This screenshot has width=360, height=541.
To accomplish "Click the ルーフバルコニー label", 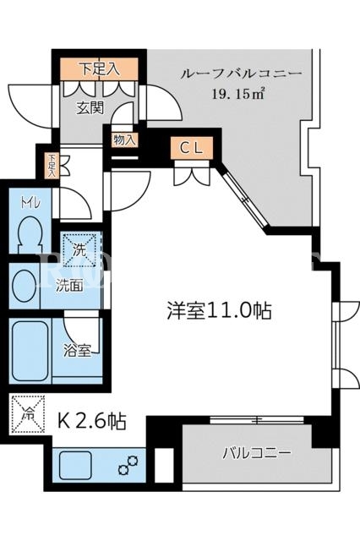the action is pos(242,74).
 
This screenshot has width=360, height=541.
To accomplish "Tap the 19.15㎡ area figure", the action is pos(238,94).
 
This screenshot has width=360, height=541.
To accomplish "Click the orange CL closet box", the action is pos(192,149).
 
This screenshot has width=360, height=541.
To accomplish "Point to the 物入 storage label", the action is pos(124,140).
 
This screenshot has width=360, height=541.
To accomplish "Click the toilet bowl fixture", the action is pos(30,235).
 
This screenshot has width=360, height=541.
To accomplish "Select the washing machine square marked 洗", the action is pos(79,250).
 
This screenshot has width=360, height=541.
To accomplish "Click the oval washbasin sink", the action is pos(25,286).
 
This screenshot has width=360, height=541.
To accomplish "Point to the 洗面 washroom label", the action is pos(69,286).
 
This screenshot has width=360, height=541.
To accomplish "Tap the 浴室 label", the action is pos(77,351).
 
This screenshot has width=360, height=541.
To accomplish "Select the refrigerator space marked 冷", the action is pos(28,414).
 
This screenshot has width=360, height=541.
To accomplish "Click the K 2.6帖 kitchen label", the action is pos(92,421).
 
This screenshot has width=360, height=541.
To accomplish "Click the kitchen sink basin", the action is pos(75,466).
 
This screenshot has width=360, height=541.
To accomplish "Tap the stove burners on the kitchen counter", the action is pos(128,464).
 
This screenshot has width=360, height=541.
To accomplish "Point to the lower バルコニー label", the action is pos(257,453).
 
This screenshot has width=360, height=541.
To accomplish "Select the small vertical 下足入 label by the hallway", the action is pos(52,166).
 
